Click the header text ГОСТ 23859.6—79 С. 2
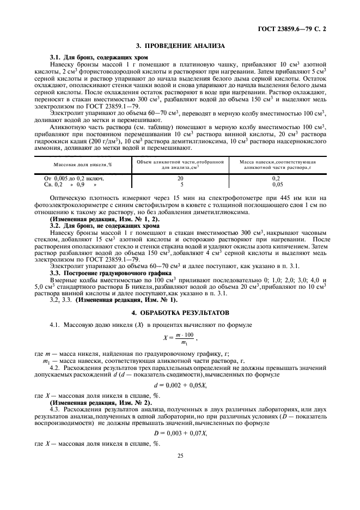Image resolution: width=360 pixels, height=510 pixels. tap(299, 28)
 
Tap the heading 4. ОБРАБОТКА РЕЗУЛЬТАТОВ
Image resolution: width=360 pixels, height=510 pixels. tap(180, 313)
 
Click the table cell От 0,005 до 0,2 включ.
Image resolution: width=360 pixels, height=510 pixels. tap(75, 178)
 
